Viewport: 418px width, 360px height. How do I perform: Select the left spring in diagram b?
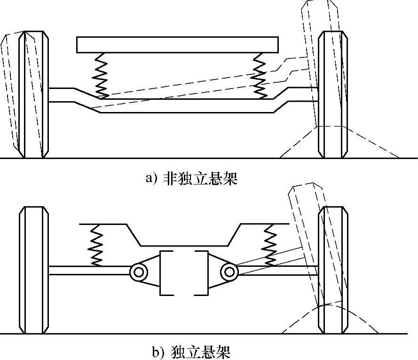pyautogui.click(x=96, y=245)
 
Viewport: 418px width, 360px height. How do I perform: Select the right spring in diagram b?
pyautogui.click(x=271, y=245)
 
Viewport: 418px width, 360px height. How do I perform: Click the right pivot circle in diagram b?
pyautogui.click(x=229, y=271)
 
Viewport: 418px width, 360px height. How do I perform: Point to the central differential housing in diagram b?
pyautogui.click(x=184, y=273)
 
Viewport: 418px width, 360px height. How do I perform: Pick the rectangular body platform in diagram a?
pyautogui.click(x=178, y=45)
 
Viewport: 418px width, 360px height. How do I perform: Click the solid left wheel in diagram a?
pyautogui.click(x=34, y=94)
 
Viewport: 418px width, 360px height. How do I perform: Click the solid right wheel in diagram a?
pyautogui.click(x=333, y=94)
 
